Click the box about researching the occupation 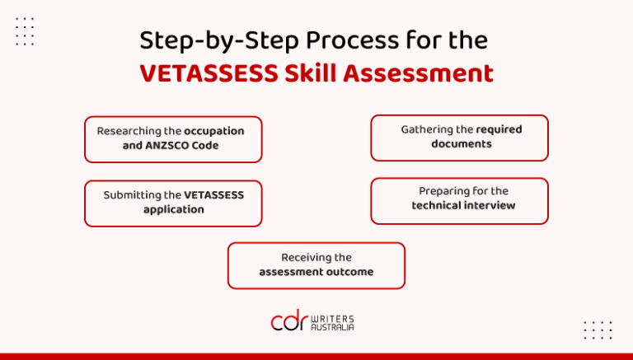(173, 138)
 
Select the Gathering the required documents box (459, 137)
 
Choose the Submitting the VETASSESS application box (173, 203)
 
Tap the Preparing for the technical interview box (459, 200)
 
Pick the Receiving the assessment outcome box (316, 265)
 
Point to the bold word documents (462, 143)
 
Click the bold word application (173, 209)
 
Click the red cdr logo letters (288, 321)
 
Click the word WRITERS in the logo (333, 317)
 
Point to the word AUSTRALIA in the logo (333, 327)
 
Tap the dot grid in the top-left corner (25, 31)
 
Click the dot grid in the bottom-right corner (598, 330)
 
